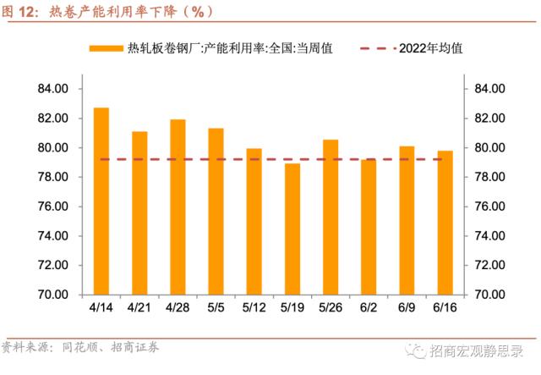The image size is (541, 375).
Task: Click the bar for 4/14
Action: click(101, 201)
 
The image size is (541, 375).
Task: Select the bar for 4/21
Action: click(139, 212)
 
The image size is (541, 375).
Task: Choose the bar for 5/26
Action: click(331, 217)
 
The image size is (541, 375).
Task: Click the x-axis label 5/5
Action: click(216, 306)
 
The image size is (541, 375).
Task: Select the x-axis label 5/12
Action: click(254, 306)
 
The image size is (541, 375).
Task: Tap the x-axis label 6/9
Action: click(407, 306)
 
